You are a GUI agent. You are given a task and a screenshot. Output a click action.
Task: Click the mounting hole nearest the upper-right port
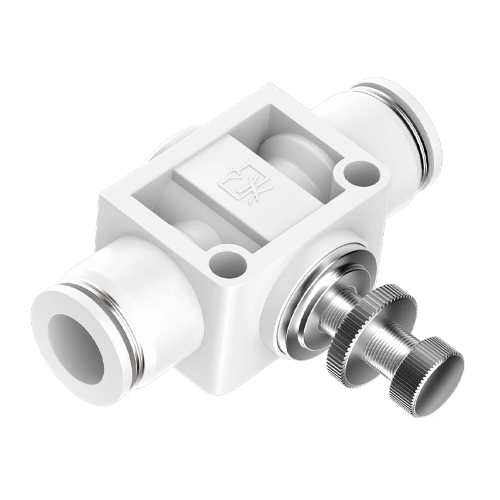(359, 171)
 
